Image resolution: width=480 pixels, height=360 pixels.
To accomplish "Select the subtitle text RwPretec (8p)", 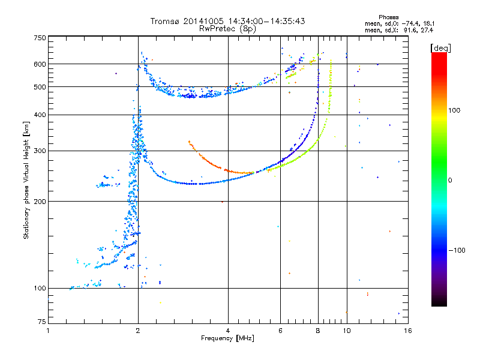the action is point(227,29).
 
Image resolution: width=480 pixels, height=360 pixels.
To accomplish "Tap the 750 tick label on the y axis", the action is point(40,38).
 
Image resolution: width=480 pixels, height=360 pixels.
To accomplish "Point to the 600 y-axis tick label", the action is point(40,64).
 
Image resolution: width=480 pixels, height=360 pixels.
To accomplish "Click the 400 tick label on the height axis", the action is point(40,115).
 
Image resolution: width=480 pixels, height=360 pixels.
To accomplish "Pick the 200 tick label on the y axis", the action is point(40,202).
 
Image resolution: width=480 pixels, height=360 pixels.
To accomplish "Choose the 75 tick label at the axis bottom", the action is point(42,322).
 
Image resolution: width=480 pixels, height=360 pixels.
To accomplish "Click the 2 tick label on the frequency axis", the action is point(138,331).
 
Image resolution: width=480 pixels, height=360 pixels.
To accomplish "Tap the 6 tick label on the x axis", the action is point(280,331).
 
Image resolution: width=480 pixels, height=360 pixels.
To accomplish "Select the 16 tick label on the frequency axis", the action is point(408,331).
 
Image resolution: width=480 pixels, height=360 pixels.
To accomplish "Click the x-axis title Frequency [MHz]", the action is point(227,338).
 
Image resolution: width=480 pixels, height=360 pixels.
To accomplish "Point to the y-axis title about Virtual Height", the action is point(26,180).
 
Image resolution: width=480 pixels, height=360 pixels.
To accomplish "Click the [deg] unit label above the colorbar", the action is point(440,49).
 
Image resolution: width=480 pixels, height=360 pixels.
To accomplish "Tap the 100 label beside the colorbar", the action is point(454,110).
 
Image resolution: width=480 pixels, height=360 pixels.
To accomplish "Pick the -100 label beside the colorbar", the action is point(457,250).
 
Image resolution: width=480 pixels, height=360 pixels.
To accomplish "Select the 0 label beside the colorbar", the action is point(450,181).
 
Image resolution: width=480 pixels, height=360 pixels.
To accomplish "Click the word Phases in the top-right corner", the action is point(388,17).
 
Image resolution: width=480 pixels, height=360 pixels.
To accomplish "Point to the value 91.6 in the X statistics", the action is point(410,31).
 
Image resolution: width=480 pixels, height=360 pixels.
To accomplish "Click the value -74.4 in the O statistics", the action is point(410,24).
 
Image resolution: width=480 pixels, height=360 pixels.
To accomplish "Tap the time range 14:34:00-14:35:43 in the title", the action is point(266,21).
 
